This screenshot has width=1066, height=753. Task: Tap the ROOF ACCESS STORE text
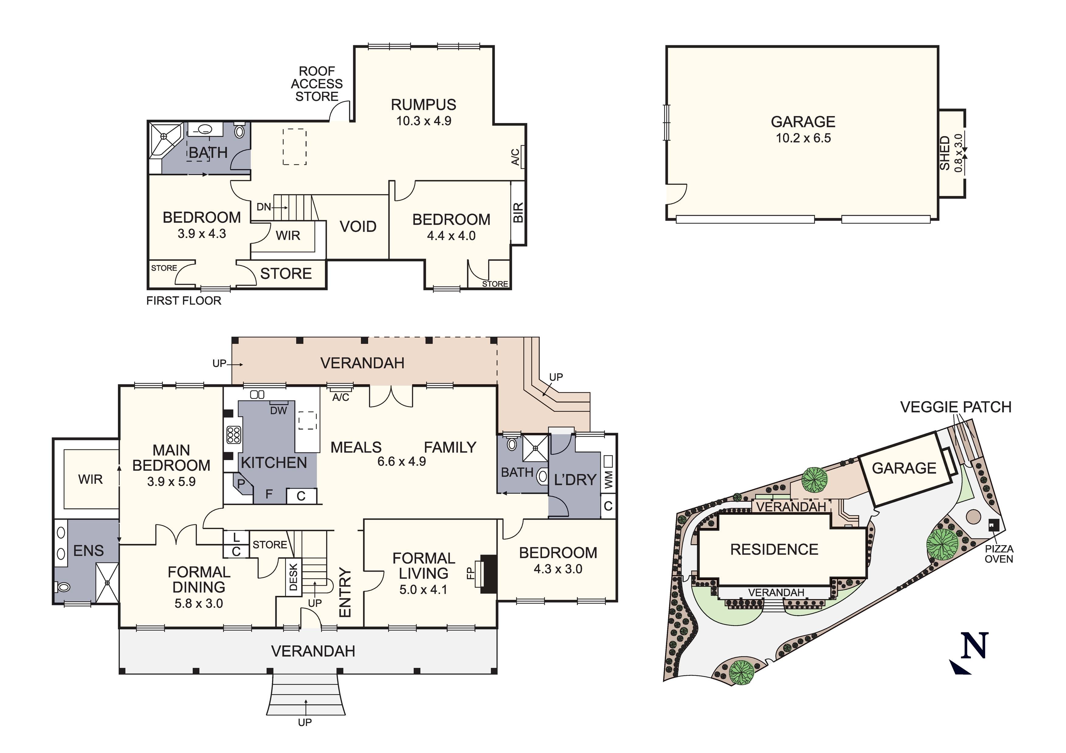pyautogui.click(x=317, y=84)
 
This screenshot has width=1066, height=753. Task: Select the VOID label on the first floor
pyautogui.click(x=358, y=227)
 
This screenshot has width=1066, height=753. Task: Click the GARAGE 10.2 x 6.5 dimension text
pyautogui.click(x=803, y=138)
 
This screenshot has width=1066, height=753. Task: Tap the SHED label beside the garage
pyautogui.click(x=945, y=153)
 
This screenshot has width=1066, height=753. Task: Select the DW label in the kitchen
pyautogui.click(x=278, y=411)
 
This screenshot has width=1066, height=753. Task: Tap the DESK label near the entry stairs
pyautogui.click(x=293, y=577)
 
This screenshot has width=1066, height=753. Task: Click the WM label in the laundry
pyautogui.click(x=609, y=480)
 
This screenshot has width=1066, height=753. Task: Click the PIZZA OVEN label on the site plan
pyautogui.click(x=999, y=554)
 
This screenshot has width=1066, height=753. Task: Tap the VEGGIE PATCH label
pyautogui.click(x=955, y=407)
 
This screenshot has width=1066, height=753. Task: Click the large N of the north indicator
pyautogui.click(x=974, y=646)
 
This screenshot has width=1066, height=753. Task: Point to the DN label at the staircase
pyautogui.click(x=263, y=207)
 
